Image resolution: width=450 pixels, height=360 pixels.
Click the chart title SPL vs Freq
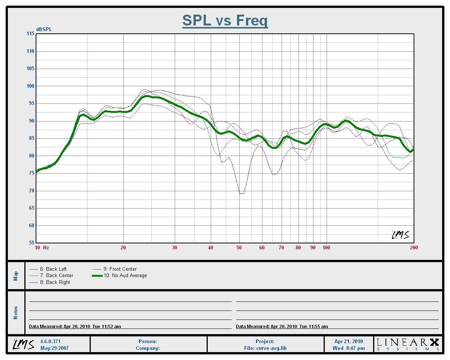coord(225,20)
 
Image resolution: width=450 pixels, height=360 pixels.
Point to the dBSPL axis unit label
coord(44,30)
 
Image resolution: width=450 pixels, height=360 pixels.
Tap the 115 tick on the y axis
coord(30,34)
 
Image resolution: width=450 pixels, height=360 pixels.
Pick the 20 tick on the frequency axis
coord(123,247)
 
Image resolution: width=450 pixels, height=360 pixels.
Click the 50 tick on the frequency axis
coord(239,247)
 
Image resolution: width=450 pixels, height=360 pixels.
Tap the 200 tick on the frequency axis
coord(414,247)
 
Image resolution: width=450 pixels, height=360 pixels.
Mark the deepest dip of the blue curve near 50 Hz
coord(241,193)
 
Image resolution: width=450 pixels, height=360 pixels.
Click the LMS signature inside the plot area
coord(400,235)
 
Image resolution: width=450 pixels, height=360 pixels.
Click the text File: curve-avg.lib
coord(265,348)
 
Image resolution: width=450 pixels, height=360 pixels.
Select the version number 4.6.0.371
coord(50,342)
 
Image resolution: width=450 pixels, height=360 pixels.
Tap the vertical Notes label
coord(16,313)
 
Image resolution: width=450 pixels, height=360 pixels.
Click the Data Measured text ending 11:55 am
coord(282,327)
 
